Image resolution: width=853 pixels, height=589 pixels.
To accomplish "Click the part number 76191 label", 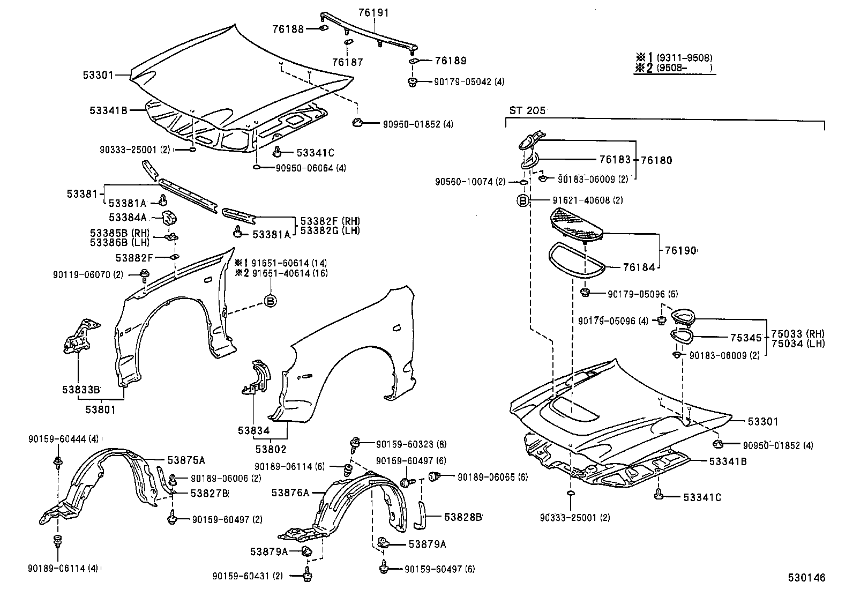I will coord(374,13).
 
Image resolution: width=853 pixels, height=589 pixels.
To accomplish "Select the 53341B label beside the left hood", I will coord(109,111).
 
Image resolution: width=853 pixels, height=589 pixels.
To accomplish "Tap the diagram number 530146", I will coord(806,578).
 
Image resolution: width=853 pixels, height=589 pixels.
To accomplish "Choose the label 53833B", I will coord(81,390).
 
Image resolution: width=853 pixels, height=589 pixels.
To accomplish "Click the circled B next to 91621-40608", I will coord(523,200).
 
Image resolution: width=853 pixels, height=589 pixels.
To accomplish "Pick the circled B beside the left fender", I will coord(271,301).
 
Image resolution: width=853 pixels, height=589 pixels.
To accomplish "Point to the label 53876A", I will coord(290,493).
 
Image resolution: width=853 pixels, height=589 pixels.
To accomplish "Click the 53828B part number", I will coord(463,517).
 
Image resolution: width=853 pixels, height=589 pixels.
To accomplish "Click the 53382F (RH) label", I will coord(330,221).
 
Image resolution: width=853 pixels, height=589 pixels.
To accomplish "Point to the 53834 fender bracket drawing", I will coord(259,377).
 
